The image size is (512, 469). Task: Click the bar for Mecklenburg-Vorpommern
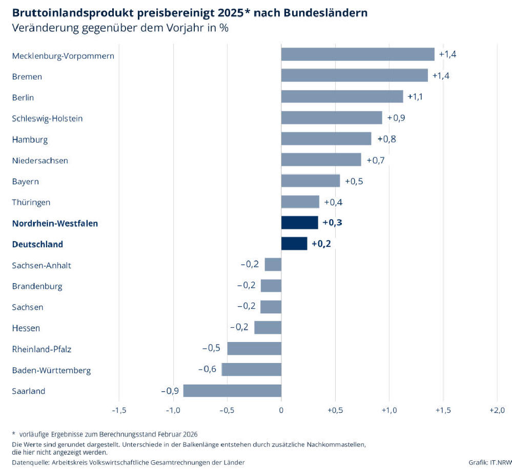pos(357,54)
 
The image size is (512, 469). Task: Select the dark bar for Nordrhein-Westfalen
pos(299,223)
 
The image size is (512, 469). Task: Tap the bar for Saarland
pos(232,391)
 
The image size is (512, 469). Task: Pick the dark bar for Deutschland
pos(294,244)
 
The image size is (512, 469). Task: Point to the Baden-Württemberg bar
pos(251,370)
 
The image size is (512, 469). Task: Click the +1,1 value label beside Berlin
pos(415,97)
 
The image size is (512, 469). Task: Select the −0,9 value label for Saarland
pos(170,391)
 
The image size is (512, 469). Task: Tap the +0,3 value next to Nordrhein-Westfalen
pos(332,223)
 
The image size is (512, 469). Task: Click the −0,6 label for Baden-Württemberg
pos(207,370)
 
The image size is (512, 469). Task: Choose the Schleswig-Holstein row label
pos(47,118)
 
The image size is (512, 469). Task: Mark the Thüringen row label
pos(31,202)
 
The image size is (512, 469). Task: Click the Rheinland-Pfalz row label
pos(42,349)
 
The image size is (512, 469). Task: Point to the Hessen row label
pos(26,328)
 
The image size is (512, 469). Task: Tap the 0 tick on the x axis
pos(281,410)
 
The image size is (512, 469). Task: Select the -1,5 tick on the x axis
pos(119,410)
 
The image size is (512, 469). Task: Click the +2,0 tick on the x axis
pos(497,410)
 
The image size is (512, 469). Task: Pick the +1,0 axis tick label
pos(389,410)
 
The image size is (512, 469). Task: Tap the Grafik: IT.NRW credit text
pos(489,462)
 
